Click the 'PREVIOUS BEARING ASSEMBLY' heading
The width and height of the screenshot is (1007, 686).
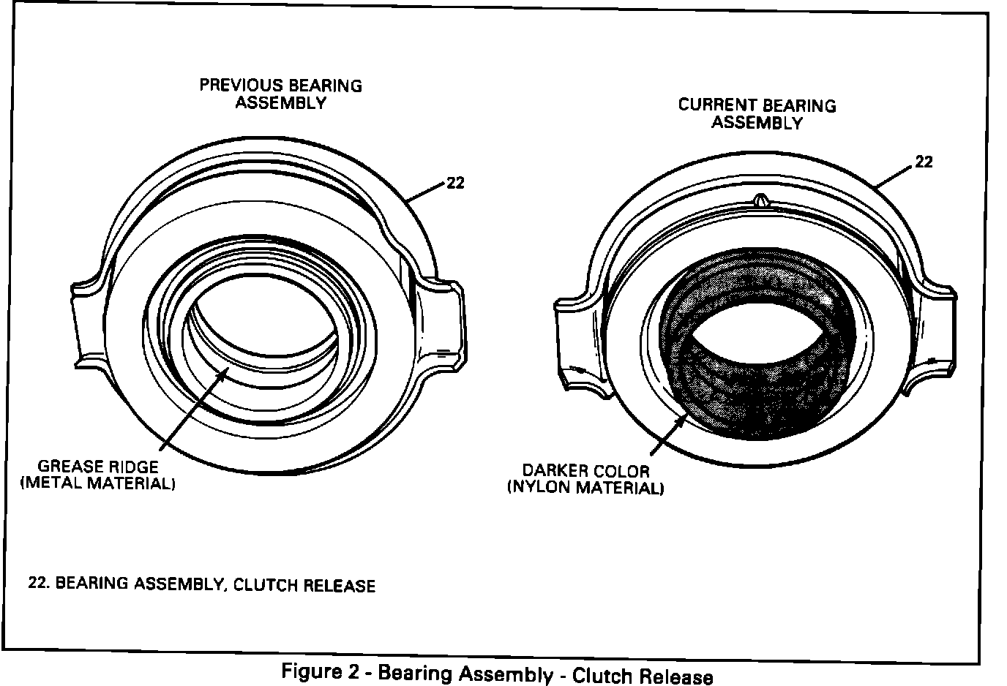[x=281, y=94]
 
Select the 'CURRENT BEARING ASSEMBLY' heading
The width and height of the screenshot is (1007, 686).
[x=757, y=113]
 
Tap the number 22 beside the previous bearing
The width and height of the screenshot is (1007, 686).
[x=455, y=183]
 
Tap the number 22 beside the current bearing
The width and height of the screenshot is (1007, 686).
[x=924, y=162]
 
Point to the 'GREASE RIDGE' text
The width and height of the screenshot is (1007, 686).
[x=98, y=467]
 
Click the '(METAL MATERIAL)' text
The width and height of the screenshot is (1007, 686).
[x=98, y=483]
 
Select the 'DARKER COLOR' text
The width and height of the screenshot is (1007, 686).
[x=585, y=471]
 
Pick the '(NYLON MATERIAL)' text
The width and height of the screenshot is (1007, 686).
[x=585, y=488]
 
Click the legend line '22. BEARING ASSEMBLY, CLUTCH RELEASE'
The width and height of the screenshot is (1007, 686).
[x=201, y=584]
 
